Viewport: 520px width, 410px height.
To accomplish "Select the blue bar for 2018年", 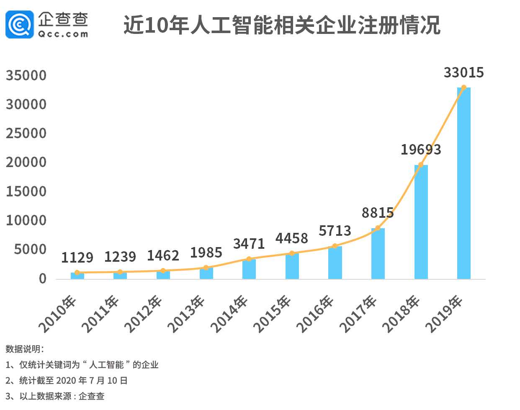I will point(421,222).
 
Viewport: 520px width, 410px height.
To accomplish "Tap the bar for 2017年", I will point(378,254).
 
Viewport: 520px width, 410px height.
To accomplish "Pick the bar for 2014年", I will point(249,269).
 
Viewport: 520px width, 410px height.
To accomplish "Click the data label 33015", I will point(463,72).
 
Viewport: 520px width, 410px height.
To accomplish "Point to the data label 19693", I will point(421,150).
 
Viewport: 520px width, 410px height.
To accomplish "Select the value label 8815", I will point(378,213).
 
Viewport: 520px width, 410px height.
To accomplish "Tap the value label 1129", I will point(77,258).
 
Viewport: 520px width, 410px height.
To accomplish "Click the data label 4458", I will point(292,238).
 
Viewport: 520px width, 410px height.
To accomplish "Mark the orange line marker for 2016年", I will point(335,246).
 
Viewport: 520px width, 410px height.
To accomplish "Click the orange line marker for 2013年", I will point(206,268).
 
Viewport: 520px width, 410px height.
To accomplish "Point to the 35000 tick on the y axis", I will point(26,76).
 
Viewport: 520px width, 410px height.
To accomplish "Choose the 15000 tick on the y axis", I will point(26,191).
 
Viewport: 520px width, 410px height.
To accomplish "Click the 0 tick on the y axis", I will point(42,279).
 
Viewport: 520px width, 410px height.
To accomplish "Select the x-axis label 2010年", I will point(58,314).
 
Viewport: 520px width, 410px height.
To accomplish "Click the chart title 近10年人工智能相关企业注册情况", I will point(282,25).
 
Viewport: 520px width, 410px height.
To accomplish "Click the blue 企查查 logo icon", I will point(19,24).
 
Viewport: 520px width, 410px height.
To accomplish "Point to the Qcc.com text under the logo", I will point(63,34).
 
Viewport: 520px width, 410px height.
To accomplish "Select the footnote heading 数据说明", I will point(24,349).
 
